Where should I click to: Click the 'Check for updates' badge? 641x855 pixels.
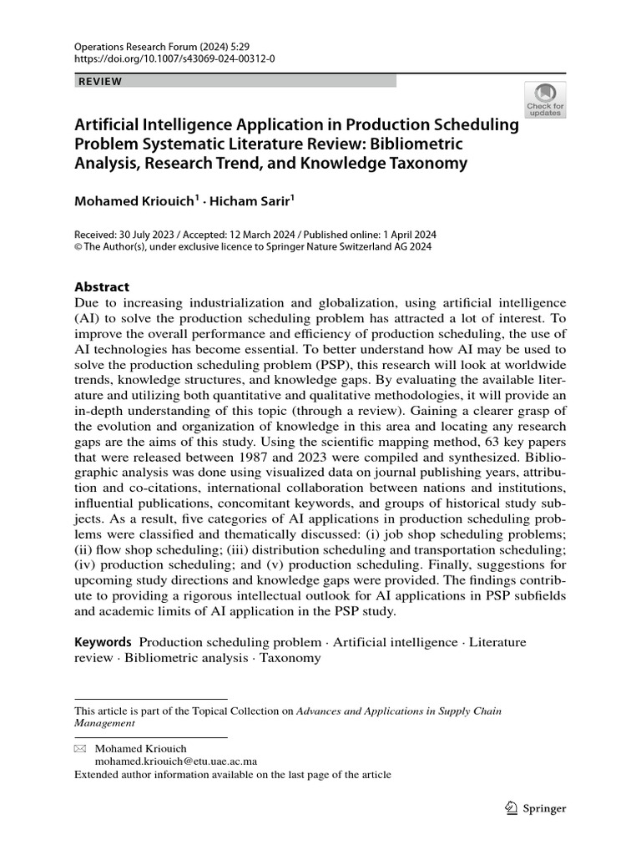tap(544, 99)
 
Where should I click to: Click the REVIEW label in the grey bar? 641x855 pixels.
tap(100, 81)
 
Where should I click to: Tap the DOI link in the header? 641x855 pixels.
tap(174, 60)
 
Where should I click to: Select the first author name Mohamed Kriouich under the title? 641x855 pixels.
tap(134, 200)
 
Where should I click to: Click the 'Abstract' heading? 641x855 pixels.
tap(102, 286)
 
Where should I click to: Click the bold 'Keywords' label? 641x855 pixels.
tap(103, 642)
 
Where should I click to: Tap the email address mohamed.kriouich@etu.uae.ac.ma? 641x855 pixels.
tap(175, 761)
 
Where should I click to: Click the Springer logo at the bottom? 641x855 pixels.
tap(536, 808)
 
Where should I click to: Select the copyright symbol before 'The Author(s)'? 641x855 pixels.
tap(78, 246)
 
